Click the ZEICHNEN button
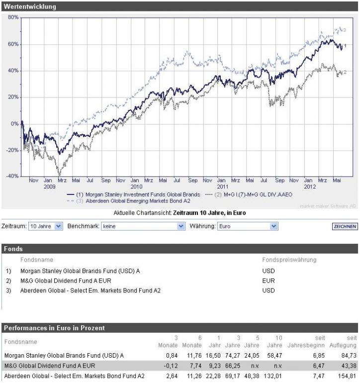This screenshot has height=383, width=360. coord(345,226)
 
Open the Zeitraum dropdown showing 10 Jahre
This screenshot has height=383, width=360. coord(46,226)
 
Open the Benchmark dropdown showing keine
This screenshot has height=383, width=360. coord(143,226)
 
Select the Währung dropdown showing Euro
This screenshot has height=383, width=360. coord(246,226)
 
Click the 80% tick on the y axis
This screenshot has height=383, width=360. coord(13,17)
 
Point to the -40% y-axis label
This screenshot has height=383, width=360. coord(12,176)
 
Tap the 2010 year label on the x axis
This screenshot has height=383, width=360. coord(135,188)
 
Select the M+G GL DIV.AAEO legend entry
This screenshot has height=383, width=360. coord(260,194)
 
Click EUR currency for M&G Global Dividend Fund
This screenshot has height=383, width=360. coord(268,281)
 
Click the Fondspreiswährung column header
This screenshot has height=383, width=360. coord(289,260)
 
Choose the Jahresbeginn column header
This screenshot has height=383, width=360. coord(306,345)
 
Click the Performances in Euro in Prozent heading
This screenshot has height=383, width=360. coord(54,328)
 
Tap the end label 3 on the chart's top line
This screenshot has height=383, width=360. coord(344,30)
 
